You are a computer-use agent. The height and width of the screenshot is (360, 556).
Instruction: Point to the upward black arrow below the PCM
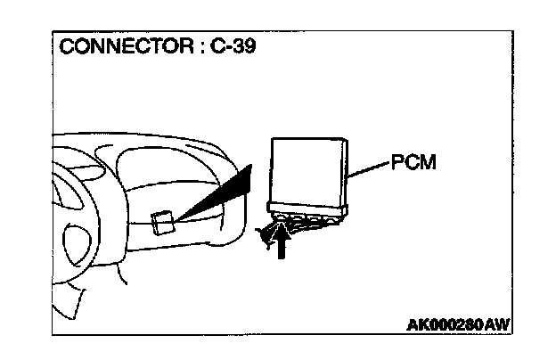(x=282, y=241)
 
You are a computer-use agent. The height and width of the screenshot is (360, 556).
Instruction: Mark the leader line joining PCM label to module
(x=367, y=169)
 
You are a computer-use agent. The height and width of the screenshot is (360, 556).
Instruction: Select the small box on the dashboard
(x=161, y=220)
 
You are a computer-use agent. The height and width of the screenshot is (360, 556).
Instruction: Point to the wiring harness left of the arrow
(x=264, y=233)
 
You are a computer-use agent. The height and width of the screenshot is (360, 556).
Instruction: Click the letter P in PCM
(x=397, y=164)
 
